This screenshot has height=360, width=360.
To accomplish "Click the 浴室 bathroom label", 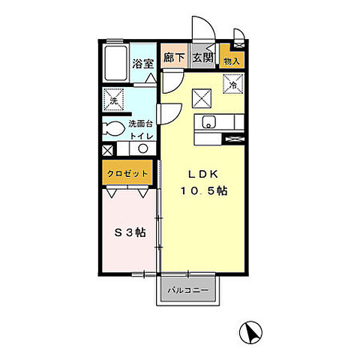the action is [x=142, y=64].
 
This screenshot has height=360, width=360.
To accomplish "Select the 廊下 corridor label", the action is [x=174, y=58].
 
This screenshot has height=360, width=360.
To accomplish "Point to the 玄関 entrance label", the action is [x=202, y=58].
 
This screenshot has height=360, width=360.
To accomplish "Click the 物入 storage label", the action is [x=232, y=61].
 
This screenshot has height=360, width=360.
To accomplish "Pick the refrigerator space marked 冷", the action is [x=233, y=84].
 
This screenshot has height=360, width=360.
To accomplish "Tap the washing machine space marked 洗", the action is [x=114, y=100].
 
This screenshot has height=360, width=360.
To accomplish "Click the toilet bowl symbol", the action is [x=114, y=128].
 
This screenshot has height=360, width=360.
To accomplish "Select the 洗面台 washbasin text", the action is [x=140, y=124].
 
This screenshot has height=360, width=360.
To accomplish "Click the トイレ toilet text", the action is [x=142, y=136].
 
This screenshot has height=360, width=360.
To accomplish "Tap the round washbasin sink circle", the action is [x=143, y=148].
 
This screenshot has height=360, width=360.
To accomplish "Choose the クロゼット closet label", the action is [x=127, y=173].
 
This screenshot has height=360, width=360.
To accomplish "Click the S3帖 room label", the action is [x=130, y=232].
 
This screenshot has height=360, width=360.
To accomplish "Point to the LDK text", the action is [x=203, y=174].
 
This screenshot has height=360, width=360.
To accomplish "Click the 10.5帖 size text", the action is [x=204, y=191].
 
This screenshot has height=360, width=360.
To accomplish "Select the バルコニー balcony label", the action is [x=187, y=290].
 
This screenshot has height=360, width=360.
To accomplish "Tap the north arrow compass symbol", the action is [x=250, y=333].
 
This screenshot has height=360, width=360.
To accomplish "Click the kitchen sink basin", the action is [x=209, y=121].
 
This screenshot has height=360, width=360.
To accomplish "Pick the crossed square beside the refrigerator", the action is [x=202, y=98].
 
